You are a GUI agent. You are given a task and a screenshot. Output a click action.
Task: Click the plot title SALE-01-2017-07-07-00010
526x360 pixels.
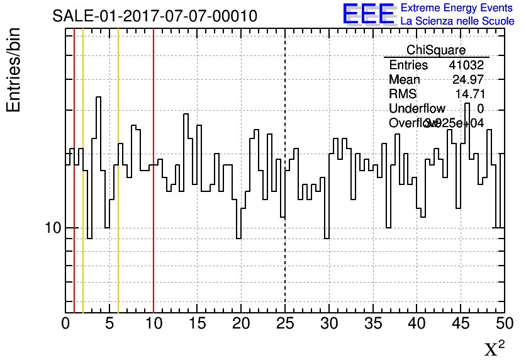point(155,16)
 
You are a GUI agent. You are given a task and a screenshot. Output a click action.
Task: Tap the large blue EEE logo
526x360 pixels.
point(369,14)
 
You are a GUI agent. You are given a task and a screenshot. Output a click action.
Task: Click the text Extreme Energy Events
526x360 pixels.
point(457,8)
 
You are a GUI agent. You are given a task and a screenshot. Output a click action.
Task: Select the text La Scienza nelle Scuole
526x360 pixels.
point(457,21)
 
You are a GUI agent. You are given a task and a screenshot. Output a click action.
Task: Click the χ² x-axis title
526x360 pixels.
point(495,348)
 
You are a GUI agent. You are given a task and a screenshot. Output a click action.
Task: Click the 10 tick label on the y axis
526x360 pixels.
point(52,228)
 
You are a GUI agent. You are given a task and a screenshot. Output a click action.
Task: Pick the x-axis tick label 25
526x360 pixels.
point(285,323)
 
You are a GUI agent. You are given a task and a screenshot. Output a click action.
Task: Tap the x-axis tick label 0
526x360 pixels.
point(65,323)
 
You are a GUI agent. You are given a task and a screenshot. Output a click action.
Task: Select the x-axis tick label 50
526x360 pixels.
point(504,323)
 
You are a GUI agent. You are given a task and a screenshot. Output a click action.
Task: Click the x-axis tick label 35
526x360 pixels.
point(372,323)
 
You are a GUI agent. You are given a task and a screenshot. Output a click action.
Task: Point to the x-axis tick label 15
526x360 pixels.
point(198,323)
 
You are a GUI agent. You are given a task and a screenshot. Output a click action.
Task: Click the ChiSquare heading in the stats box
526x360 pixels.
point(436,50)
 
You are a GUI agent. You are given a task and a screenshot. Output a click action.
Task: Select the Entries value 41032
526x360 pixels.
point(466,65)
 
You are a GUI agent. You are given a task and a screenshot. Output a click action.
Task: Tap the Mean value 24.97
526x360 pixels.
point(468,79)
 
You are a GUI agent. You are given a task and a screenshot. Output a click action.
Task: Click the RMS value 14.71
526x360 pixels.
point(469,94)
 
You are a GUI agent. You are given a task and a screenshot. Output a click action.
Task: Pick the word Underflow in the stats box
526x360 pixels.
point(417,109)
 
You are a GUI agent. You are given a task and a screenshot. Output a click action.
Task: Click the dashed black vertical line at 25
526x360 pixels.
point(285,252)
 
